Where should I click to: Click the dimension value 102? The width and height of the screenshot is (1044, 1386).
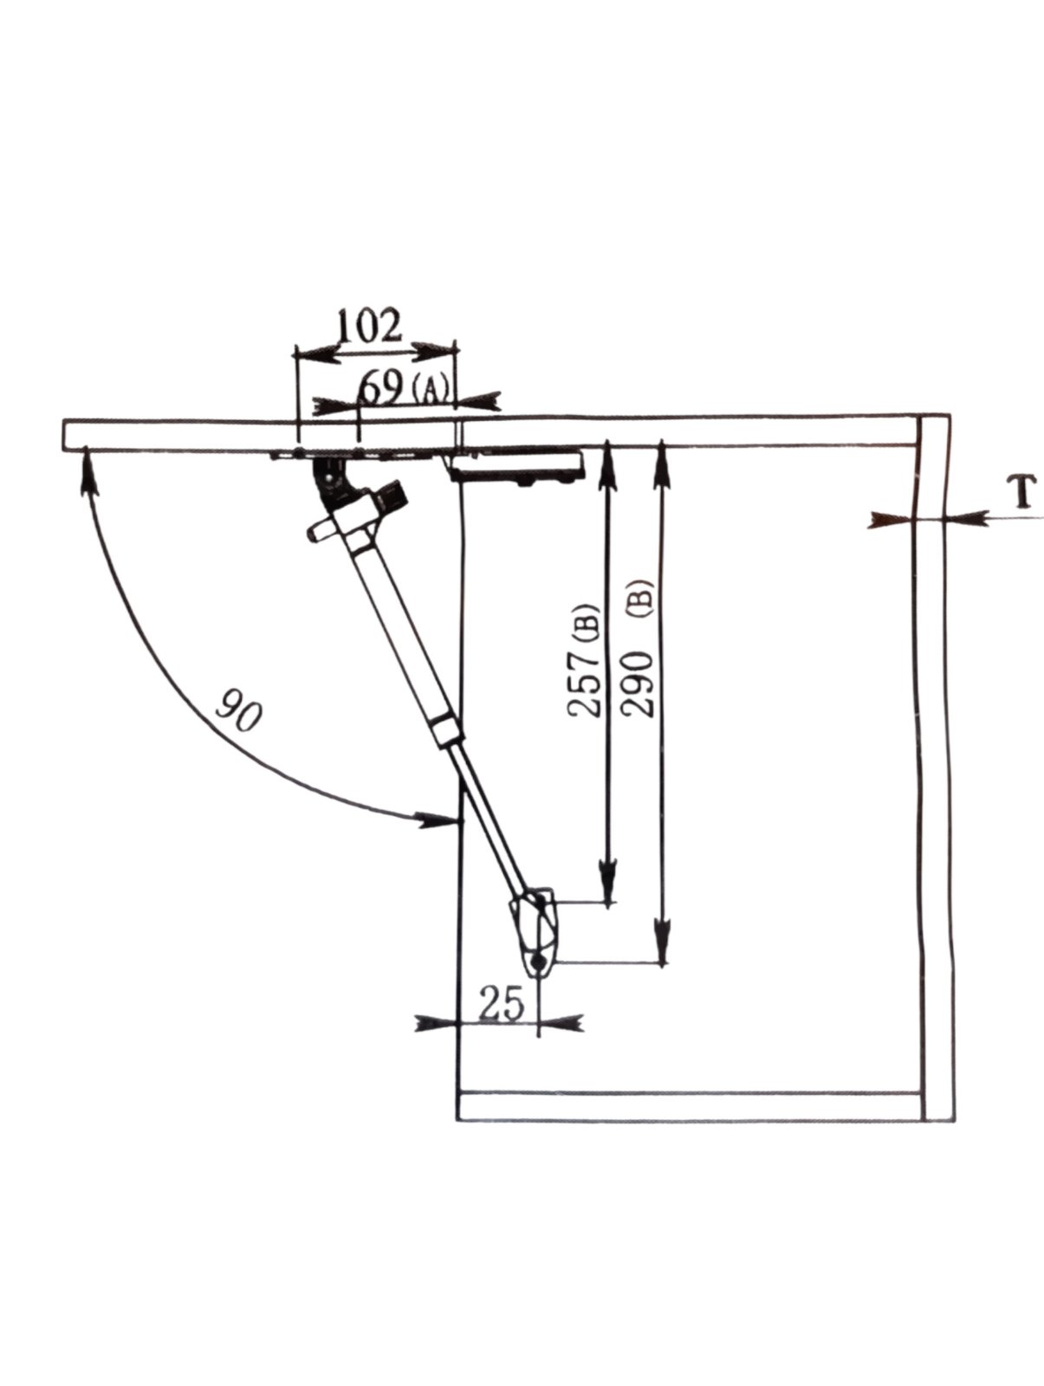coord(369,326)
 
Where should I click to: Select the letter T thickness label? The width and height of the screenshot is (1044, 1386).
coord(1021,493)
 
